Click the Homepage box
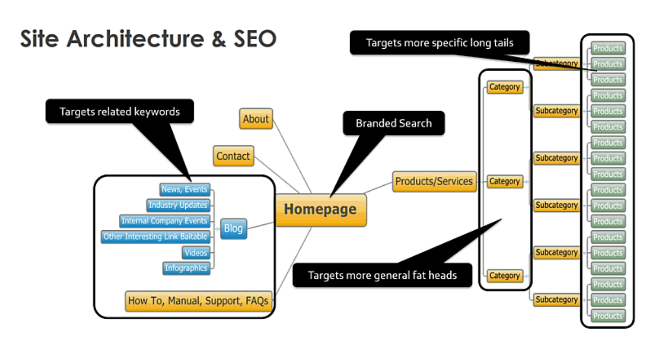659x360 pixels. pos(320,210)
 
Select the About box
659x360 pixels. pos(256,119)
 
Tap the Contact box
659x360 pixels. pos(233,156)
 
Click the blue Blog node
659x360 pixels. pos(233,229)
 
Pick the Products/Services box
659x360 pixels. pos(434,182)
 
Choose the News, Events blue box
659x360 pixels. pos(185,189)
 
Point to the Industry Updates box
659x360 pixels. pos(178,205)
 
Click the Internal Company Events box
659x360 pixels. pos(165,221)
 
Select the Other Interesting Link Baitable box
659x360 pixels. pos(155,237)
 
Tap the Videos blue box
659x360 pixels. pos(196,253)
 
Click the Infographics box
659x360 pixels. pos(186,268)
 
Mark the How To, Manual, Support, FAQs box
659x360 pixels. pos(198,301)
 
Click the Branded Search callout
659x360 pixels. pos(393,123)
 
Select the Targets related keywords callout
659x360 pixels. pos(119,111)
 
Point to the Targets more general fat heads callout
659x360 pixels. pos(382,275)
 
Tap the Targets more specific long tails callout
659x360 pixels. pos(439,43)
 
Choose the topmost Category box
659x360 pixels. pos(504,87)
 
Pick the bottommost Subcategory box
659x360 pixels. pos(556,300)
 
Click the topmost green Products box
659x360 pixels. pos(607,49)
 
